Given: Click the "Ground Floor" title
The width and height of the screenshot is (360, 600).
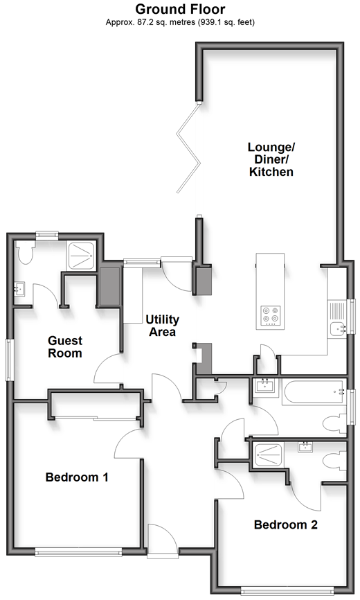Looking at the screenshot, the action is pos(180,9).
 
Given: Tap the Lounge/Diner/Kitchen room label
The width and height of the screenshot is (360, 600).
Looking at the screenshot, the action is pos(271,159).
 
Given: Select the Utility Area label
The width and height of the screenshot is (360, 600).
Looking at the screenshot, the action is pos(163,325).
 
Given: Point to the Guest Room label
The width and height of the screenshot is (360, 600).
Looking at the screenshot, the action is pos(65,346).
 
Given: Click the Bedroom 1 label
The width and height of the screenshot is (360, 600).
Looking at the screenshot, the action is pos(77,477).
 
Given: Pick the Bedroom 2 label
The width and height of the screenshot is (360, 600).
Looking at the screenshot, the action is pos(285,524).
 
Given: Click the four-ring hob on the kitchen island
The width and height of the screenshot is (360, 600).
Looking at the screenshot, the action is pos(271,315).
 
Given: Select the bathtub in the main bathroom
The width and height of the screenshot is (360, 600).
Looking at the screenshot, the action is pos(314,392).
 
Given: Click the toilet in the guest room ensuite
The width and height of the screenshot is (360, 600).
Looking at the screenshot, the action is pos(25,253).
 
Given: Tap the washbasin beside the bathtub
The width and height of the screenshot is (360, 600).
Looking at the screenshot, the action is pos(266,387).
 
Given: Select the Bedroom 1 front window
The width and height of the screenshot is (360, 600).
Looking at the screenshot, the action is pos(78,552).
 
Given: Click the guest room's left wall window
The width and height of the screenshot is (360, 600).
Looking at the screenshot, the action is pos(9,360).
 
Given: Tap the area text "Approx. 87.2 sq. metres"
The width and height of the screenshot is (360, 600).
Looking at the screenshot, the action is pos(150,22).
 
